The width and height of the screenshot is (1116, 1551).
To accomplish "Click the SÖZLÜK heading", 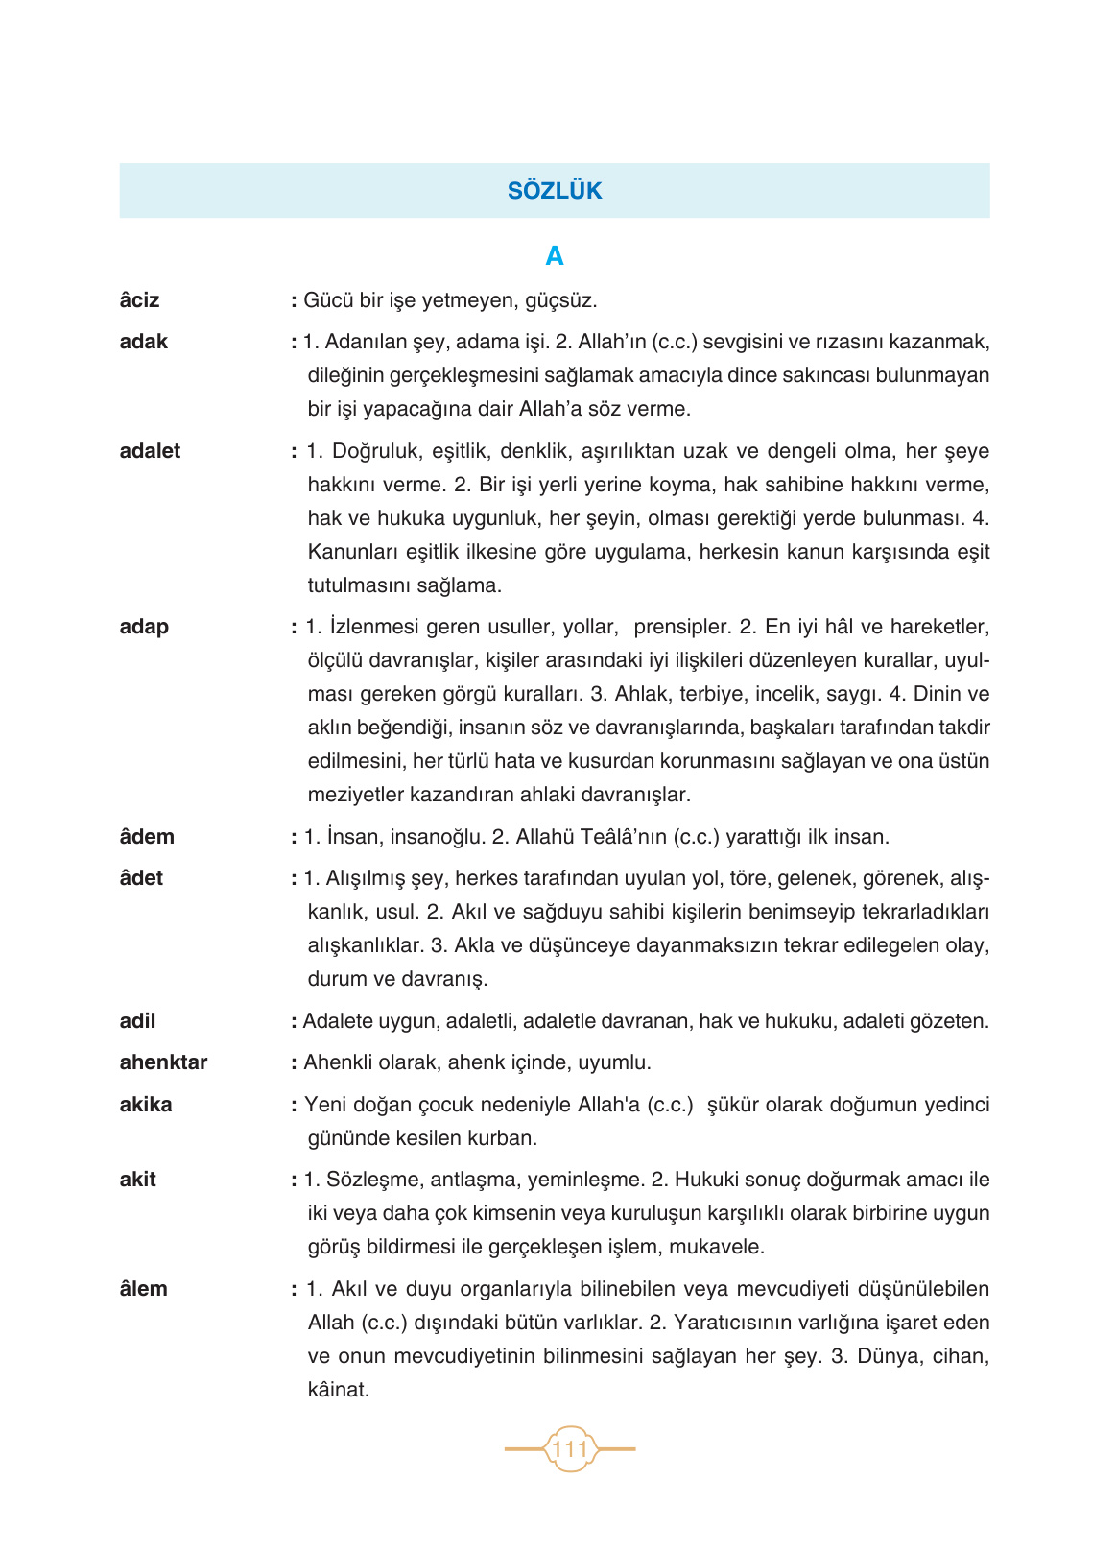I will click(x=555, y=191).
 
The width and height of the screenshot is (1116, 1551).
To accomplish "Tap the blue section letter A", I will click(x=555, y=256).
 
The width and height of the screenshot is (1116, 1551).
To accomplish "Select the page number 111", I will click(x=570, y=1448).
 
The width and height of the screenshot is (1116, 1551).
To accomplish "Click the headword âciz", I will click(x=140, y=300).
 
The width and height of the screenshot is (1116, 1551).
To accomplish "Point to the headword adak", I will click(x=144, y=342).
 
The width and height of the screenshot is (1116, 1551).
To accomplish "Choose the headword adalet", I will click(x=150, y=451).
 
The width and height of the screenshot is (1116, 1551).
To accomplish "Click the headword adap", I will click(x=144, y=627).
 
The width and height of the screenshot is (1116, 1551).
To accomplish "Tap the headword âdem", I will click(x=147, y=837).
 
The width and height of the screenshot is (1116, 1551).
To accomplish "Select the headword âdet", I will click(x=141, y=878).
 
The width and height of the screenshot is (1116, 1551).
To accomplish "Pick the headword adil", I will click(x=137, y=1021).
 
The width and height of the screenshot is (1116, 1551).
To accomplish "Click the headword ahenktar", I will click(x=163, y=1062).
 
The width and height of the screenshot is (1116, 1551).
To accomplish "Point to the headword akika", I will click(x=146, y=1105).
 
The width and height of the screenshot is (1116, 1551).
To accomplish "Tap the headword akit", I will click(x=137, y=1180).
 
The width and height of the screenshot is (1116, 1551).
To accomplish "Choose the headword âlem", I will click(x=143, y=1289).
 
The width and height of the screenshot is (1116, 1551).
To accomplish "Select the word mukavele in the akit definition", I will click(x=716, y=1247).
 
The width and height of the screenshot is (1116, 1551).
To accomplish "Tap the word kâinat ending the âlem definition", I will click(x=338, y=1390).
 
